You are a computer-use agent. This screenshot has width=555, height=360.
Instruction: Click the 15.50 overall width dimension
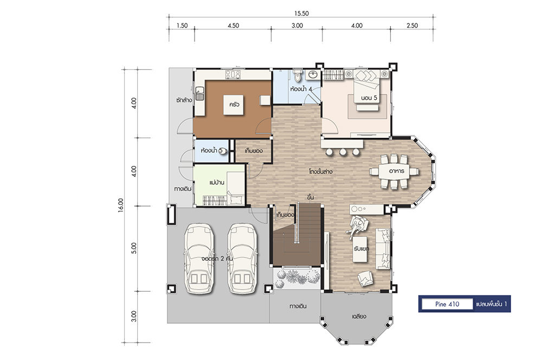click(301, 14)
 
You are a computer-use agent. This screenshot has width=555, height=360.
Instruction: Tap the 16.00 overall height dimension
click(121, 205)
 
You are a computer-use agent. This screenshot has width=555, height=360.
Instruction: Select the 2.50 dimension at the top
click(412, 25)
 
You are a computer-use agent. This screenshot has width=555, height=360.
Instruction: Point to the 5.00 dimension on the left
click(133, 248)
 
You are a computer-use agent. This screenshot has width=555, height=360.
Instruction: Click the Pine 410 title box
click(447, 304)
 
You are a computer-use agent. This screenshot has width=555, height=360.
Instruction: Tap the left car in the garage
click(199, 259)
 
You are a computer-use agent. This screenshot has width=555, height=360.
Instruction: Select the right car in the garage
click(242, 259)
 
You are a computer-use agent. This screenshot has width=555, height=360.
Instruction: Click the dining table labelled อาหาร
click(394, 171)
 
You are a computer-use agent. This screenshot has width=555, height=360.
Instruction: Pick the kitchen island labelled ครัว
click(234, 105)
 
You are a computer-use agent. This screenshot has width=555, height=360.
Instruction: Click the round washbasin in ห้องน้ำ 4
click(313, 74)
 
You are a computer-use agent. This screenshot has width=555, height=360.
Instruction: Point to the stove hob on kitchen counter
click(233, 74)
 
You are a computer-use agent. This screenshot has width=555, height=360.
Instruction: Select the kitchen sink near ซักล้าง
click(199, 93)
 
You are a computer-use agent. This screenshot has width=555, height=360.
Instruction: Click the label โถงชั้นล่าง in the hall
click(320, 172)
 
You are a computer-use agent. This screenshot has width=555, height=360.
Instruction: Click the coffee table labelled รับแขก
click(361, 249)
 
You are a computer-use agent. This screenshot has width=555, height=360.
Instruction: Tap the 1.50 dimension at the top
click(182, 25)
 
